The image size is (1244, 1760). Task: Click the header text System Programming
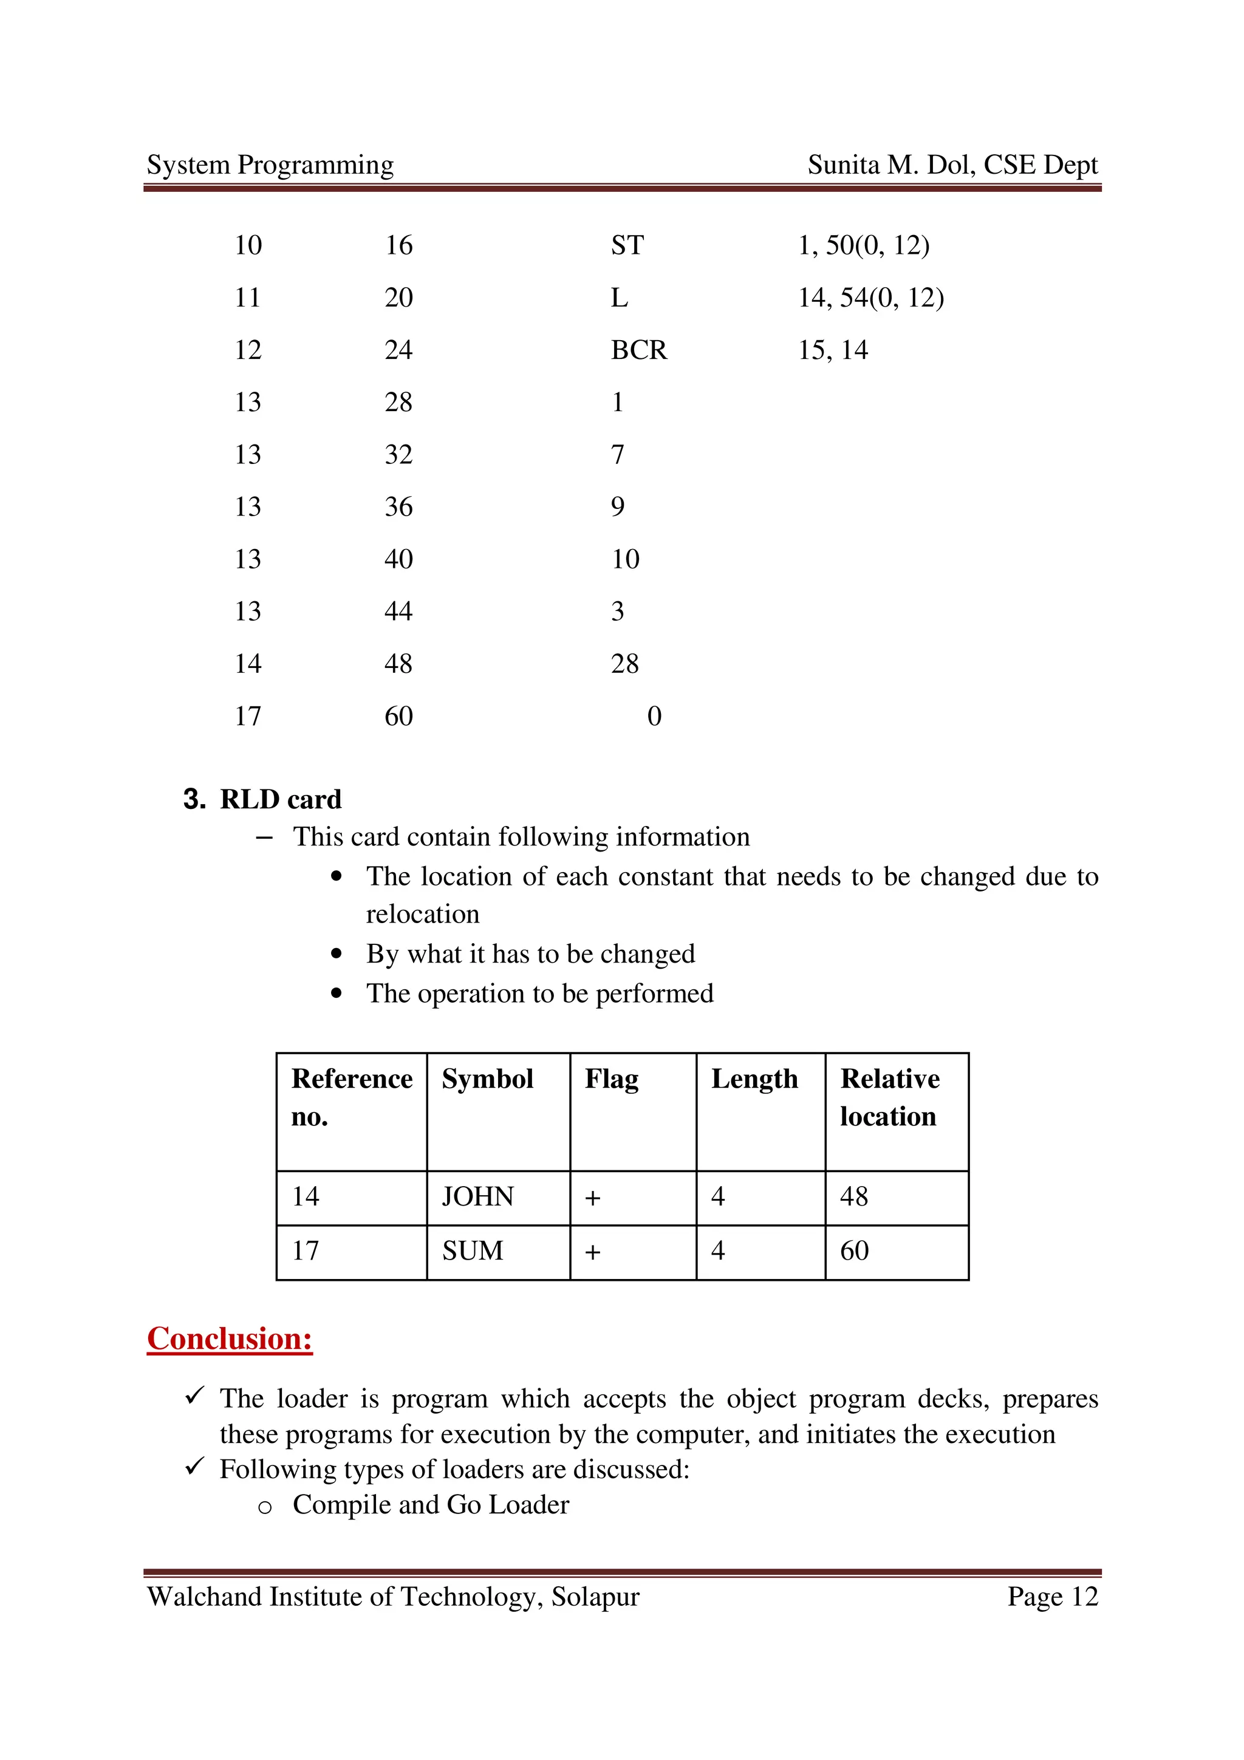click(270, 165)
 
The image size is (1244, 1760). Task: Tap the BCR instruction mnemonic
click(638, 350)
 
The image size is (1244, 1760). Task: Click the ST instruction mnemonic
click(626, 245)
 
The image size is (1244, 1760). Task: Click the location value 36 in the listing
click(398, 507)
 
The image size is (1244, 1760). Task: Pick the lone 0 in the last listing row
click(654, 716)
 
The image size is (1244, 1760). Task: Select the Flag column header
click(611, 1079)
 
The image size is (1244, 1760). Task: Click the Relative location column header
click(889, 1097)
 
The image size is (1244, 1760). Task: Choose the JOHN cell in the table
click(477, 1196)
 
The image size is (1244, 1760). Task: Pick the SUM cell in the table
click(472, 1251)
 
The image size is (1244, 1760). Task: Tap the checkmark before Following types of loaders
click(195, 1467)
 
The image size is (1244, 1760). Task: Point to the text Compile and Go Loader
click(431, 1505)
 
